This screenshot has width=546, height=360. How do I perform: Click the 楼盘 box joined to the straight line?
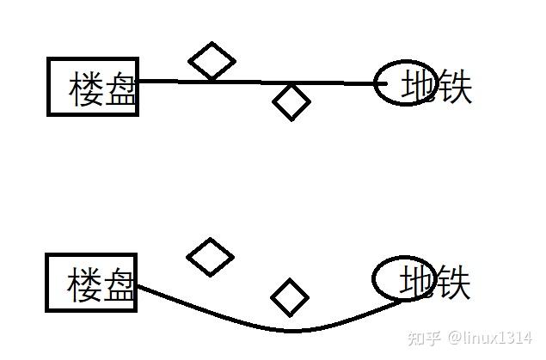[x=93, y=86]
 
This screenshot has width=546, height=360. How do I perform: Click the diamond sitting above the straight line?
[x=212, y=61]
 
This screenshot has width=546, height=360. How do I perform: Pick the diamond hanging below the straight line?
[x=291, y=102]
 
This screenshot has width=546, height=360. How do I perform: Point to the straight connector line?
[x=258, y=82]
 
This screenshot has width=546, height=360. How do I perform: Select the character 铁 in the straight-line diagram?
[x=454, y=87]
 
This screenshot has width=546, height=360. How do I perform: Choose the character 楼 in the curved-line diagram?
[x=86, y=284]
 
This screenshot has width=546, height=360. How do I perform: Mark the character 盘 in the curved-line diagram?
[x=120, y=284]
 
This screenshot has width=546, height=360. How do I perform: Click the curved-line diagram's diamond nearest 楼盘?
[x=211, y=257]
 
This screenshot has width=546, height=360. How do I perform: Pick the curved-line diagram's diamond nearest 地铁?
[x=290, y=297]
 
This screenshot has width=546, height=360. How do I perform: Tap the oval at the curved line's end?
[x=401, y=278]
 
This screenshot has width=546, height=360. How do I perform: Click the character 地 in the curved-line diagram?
[x=417, y=282]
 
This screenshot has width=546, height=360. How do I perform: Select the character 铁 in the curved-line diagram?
[x=453, y=282]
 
